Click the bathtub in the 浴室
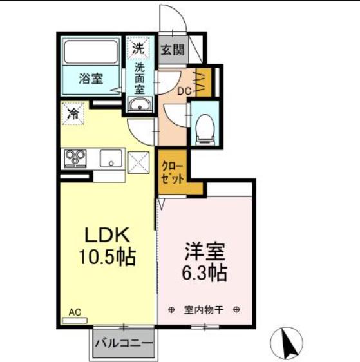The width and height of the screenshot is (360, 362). [x=91, y=52]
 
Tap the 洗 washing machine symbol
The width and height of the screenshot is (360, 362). [x=138, y=48]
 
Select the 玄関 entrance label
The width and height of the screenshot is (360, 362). [x=173, y=50]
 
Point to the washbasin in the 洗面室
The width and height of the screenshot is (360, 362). [x=140, y=105]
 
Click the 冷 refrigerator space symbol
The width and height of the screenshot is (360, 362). [x=73, y=113]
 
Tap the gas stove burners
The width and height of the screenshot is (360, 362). [x=75, y=158]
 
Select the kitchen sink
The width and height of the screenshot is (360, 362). [x=111, y=158]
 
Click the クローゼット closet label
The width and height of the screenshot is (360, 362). [x=173, y=172]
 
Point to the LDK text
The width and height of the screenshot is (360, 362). [x=107, y=234]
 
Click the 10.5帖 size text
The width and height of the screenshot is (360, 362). [x=107, y=257]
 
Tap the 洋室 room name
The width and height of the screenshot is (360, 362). [x=204, y=251]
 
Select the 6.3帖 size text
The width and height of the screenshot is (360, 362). [x=204, y=272]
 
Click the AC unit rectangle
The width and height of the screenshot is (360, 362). [x=75, y=320]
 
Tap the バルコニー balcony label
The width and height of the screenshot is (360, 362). [x=124, y=343]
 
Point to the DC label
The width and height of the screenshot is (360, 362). [x=184, y=91]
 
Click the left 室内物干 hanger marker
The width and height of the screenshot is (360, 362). [x=171, y=310]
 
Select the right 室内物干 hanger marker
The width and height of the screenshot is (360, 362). [x=237, y=309]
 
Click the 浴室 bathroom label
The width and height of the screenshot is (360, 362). [x=91, y=79]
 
